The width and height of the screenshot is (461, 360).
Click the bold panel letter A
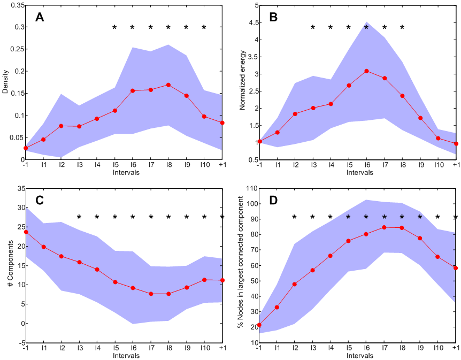40,17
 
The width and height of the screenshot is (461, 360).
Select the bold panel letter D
273,200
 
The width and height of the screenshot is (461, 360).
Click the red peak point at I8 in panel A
168,85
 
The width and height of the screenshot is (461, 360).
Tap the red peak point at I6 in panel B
366,71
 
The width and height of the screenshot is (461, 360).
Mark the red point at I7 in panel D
385,227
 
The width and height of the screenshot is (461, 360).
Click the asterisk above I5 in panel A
114,28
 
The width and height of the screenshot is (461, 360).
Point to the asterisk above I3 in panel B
313,28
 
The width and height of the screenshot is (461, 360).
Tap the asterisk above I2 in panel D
294,218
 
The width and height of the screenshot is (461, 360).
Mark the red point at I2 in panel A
61,126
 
